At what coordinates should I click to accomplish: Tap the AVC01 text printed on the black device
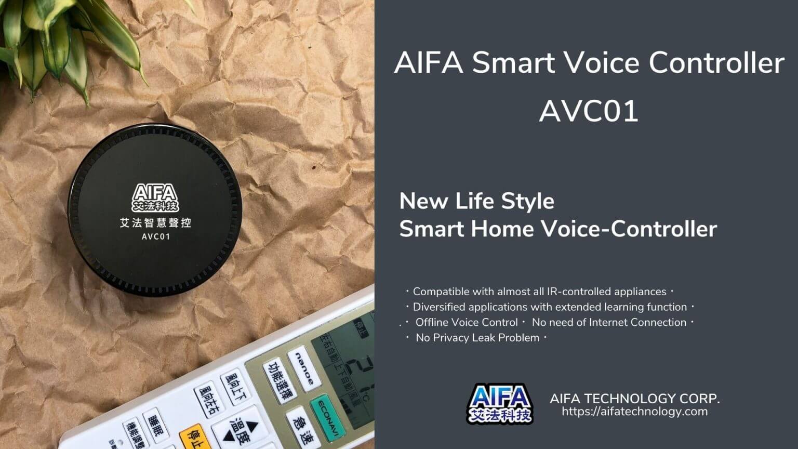click(156, 237)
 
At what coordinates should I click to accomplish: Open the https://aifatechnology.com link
click(634, 412)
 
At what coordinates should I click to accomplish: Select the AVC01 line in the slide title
click(589, 111)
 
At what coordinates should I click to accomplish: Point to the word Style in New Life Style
click(531, 202)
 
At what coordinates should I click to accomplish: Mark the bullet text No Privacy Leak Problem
click(477, 338)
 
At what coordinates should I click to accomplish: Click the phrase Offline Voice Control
click(467, 322)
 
